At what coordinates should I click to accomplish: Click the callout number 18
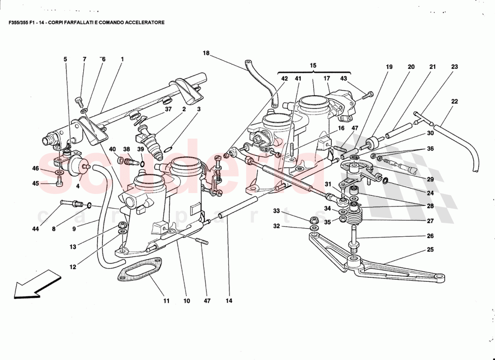pyautogui.click(x=206, y=53)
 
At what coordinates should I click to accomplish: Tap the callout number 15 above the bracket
pyautogui.click(x=313, y=66)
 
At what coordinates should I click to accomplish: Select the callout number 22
pyautogui.click(x=454, y=102)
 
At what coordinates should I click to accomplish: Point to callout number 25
pyautogui.click(x=431, y=249)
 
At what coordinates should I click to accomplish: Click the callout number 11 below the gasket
pyautogui.click(x=166, y=301)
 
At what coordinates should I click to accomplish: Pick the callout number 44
pyautogui.click(x=36, y=229)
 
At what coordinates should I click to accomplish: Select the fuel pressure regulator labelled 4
pyautogui.click(x=76, y=166)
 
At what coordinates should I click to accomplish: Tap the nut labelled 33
pyautogui.click(x=314, y=220)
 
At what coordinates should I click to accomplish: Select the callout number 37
pyautogui.click(x=168, y=109)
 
